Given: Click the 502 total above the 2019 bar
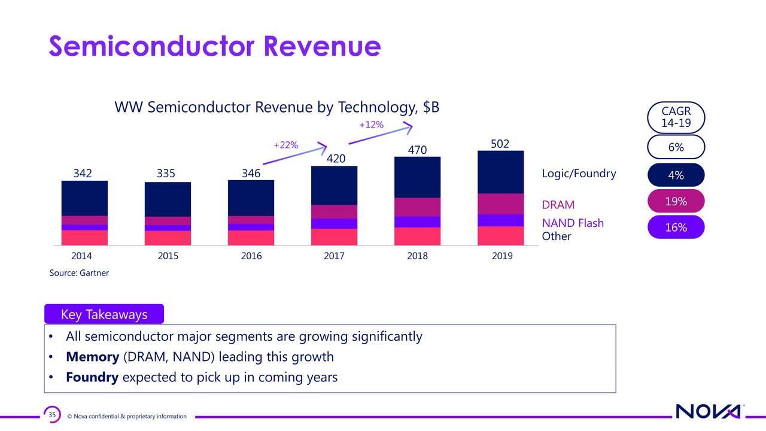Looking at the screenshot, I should pyautogui.click(x=500, y=144).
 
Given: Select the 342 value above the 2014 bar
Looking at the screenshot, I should pyautogui.click(x=83, y=174).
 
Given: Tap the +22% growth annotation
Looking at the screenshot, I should pyautogui.click(x=285, y=145).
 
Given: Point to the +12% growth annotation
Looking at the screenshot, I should pyautogui.click(x=371, y=125).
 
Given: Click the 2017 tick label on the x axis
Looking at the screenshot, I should pyautogui.click(x=334, y=256).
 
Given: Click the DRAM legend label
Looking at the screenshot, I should pyautogui.click(x=558, y=205).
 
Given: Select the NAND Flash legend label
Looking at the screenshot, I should pyautogui.click(x=572, y=223).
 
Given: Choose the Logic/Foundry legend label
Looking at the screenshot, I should pyautogui.click(x=578, y=174).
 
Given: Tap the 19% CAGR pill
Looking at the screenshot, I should pyautogui.click(x=676, y=202).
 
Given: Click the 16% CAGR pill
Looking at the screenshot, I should pyautogui.click(x=676, y=227).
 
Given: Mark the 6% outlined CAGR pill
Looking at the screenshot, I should pyautogui.click(x=676, y=147).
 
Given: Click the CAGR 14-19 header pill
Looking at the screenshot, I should pyautogui.click(x=676, y=117).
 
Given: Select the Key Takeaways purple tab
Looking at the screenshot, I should pyautogui.click(x=104, y=315).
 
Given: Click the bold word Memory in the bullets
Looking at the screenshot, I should pyautogui.click(x=92, y=357).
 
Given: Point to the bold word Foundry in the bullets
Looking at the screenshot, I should pyautogui.click(x=93, y=378).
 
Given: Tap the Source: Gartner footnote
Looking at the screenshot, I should pyautogui.click(x=79, y=273).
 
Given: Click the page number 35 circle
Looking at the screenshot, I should pyautogui.click(x=52, y=415).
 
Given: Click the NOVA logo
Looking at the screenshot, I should pyautogui.click(x=709, y=412).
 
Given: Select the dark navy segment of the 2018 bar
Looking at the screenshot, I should pyautogui.click(x=418, y=177).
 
